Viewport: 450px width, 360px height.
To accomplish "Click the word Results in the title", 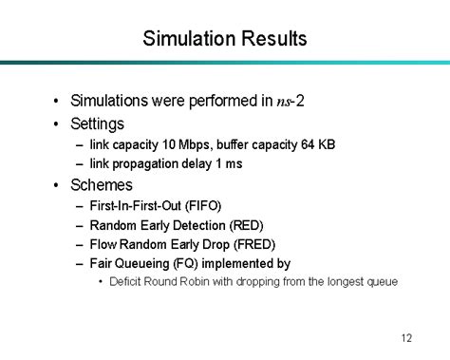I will click(273, 39).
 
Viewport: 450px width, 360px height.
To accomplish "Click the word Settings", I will click(97, 123).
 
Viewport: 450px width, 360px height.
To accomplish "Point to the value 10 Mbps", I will click(181, 144).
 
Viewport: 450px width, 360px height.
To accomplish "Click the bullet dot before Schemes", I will click(59, 184).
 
